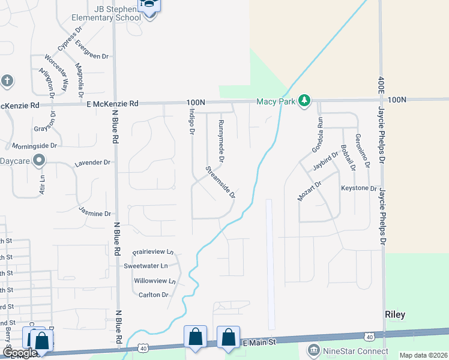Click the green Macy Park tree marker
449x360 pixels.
(x=305, y=101)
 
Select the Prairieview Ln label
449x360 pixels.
(x=152, y=252)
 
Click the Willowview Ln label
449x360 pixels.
(x=155, y=280)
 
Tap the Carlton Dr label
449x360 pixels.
(x=153, y=295)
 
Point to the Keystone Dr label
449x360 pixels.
(x=358, y=188)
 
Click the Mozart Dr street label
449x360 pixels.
(x=310, y=190)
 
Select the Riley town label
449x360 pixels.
(x=394, y=314)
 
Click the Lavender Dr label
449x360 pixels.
(x=92, y=163)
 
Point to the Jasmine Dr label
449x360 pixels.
(x=95, y=212)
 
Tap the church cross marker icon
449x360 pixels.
(x=7, y=80)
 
